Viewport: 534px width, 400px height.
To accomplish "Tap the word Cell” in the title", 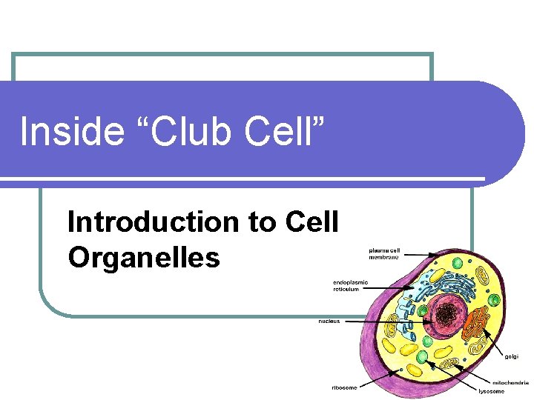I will tap(280, 133).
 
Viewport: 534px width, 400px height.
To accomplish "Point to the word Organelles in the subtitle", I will tap(144, 258).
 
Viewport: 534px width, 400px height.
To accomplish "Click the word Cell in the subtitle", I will tap(311, 222).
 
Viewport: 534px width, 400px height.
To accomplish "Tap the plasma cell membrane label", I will tap(383, 254).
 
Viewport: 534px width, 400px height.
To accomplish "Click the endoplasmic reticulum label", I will tap(350, 285).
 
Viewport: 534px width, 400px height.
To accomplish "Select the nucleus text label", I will tap(330, 321).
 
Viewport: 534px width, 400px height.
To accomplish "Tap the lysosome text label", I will tap(493, 391).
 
